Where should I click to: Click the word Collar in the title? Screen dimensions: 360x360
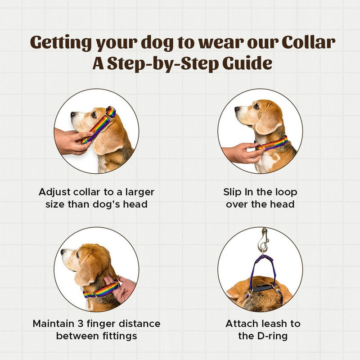308,42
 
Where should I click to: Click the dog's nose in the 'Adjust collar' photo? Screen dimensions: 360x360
73,114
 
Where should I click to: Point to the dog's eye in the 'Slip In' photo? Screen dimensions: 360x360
256,106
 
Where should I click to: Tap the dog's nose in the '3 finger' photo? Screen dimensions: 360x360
63,252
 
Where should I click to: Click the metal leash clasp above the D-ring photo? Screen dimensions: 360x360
263,241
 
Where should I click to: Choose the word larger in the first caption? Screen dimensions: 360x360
140,193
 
